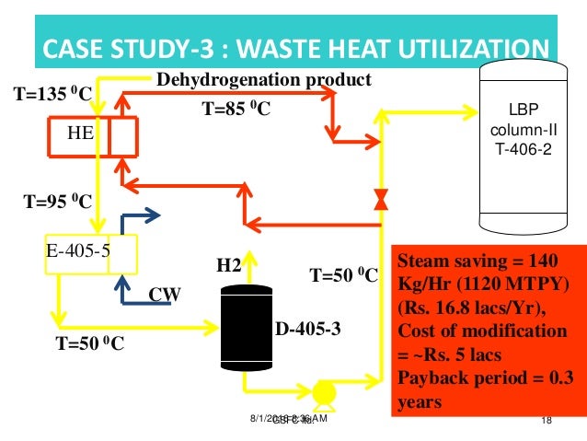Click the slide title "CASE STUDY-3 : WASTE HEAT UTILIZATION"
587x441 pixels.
293,47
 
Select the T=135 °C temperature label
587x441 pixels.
52,93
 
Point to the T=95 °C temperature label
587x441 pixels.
52,201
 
